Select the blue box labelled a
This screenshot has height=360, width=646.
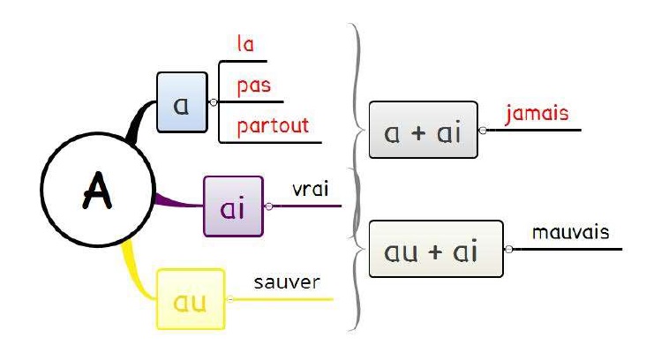point(181,102)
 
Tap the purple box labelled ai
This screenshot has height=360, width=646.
point(233,206)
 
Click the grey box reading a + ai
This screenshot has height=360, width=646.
point(423,131)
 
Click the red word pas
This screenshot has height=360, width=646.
point(252,86)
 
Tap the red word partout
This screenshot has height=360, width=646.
point(273,126)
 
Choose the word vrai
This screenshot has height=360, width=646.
point(311,190)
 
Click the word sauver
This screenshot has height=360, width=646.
point(286,283)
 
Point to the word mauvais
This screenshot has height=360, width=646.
point(570,233)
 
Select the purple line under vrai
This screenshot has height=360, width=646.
point(309,206)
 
